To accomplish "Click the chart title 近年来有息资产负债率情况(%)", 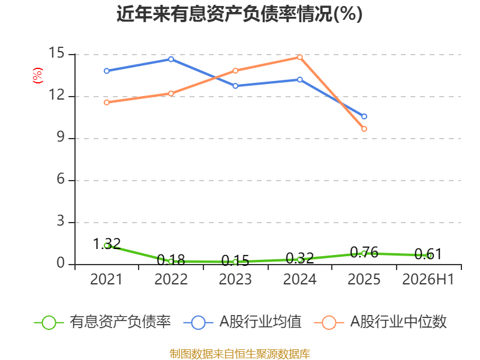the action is (239, 14).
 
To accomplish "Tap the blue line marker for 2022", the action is (171, 59).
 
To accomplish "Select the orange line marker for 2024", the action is (299, 57).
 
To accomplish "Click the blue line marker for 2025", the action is (364, 116).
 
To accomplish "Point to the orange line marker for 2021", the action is (107, 102).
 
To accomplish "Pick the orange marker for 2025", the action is (364, 129).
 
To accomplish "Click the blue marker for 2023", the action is (235, 86).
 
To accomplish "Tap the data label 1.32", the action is (107, 244).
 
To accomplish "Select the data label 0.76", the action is (364, 252).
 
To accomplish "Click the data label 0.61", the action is (428, 254).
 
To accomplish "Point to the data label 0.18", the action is (171, 260).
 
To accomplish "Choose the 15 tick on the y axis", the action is (56, 53).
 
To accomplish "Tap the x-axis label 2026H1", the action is (428, 279).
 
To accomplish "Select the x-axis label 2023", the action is (235, 279).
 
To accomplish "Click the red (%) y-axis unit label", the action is (38, 76).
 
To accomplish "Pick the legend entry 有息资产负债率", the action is (103, 322).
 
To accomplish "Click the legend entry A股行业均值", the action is (242, 322).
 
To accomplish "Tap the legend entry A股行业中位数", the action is (380, 322).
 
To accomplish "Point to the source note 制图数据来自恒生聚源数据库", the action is (240, 354).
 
